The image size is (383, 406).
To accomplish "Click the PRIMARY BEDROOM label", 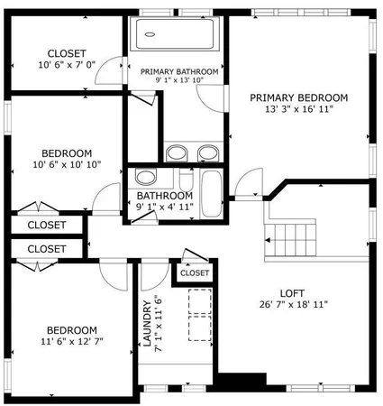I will (x=298, y=97).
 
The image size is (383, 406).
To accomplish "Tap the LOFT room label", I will (x=291, y=292).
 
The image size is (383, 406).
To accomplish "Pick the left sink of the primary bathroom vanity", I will (x=177, y=152).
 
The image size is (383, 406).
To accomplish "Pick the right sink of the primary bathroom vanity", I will (x=208, y=152).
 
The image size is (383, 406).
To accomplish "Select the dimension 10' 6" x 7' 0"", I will (x=66, y=65).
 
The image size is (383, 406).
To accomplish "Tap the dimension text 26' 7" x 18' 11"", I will (x=291, y=305).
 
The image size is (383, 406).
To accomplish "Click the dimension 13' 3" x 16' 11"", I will (x=298, y=110).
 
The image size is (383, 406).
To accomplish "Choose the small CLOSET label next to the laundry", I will (x=195, y=272).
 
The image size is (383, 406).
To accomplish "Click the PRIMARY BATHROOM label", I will (x=179, y=71).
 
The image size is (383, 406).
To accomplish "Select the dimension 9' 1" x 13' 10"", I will (x=179, y=81).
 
